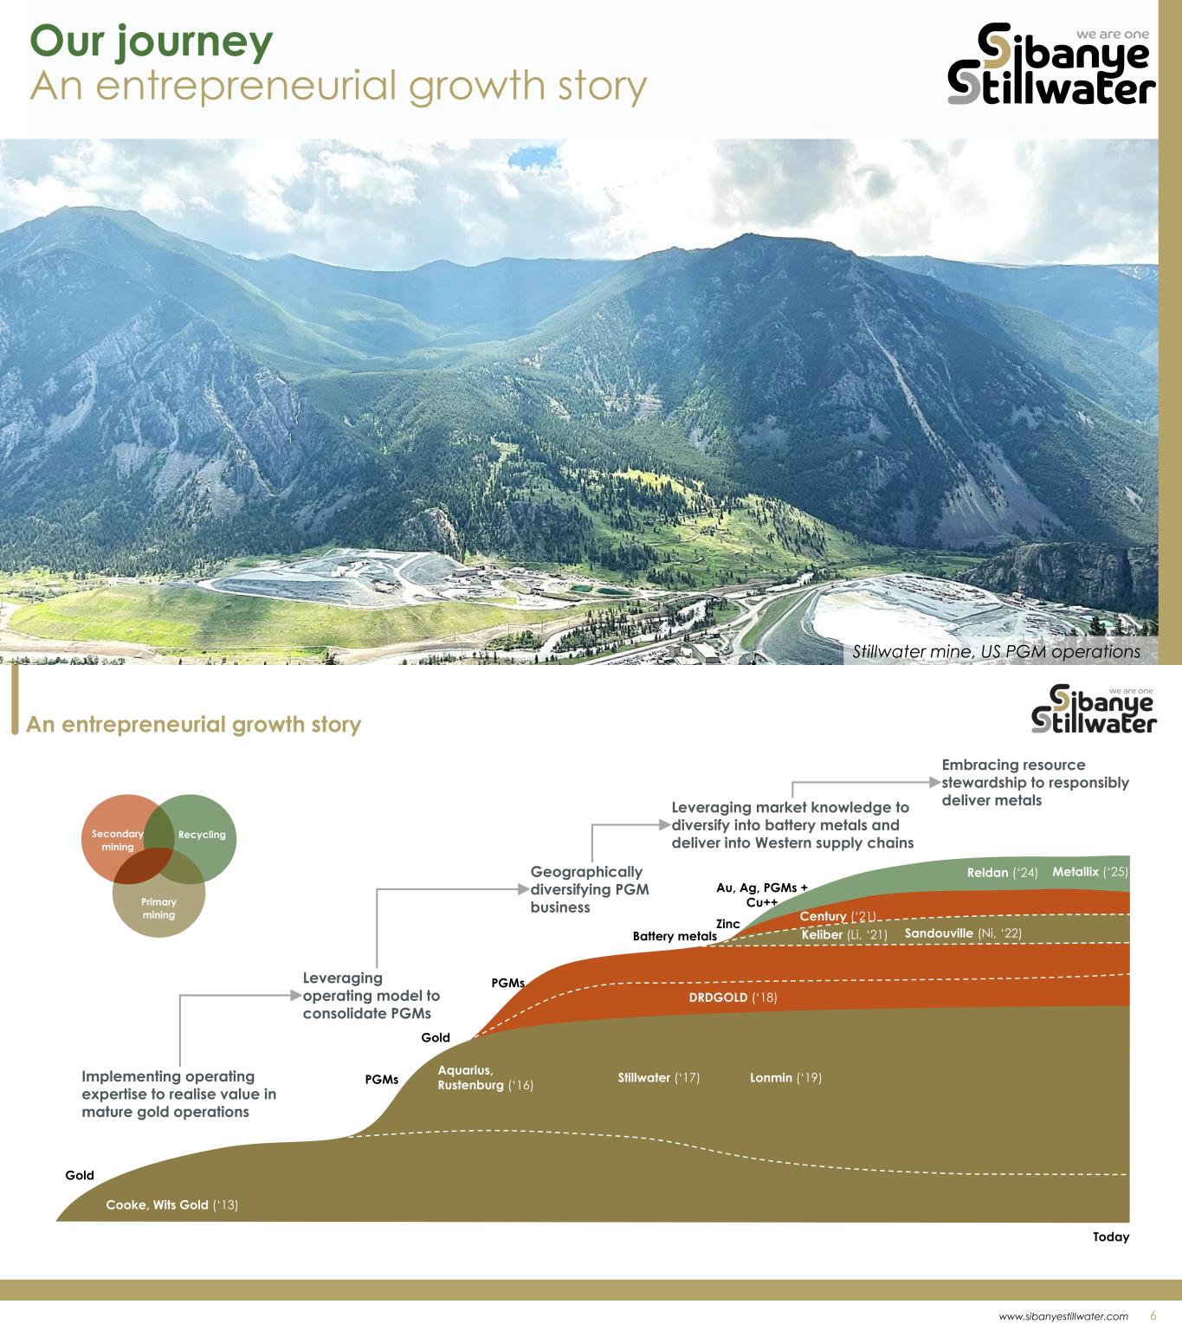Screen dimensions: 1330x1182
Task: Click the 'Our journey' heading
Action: pos(151,42)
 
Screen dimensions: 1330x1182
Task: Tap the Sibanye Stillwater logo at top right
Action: pos(1052,64)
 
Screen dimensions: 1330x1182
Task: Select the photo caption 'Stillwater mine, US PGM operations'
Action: pos(996,651)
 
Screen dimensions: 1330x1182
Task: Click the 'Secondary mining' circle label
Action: pos(117,840)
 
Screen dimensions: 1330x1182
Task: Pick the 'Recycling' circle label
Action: pos(202,835)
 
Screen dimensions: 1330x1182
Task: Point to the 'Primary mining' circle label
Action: pos(158,908)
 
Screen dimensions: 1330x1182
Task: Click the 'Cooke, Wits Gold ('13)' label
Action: pos(171,1204)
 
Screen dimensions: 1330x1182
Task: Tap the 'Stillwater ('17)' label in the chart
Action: pos(658,1078)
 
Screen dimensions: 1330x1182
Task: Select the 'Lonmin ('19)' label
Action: pos(785,1078)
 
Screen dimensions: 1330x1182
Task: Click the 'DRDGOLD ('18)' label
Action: pos(733,997)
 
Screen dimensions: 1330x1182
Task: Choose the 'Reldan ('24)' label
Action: pos(1002,873)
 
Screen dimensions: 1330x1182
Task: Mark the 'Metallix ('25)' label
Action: pos(1089,872)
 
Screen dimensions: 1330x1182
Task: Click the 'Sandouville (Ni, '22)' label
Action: pos(963,933)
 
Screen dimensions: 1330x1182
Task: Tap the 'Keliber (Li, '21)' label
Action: pos(844,935)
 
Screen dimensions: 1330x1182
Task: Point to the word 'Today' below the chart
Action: pos(1111,1237)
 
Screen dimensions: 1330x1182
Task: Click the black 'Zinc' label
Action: pos(727,924)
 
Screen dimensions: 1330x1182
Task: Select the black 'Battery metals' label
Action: pos(675,936)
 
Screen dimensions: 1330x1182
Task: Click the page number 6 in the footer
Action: pos(1153,1315)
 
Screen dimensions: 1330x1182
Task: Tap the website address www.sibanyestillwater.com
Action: pos(1063,1316)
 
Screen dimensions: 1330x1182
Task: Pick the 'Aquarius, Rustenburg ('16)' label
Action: pos(485,1078)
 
